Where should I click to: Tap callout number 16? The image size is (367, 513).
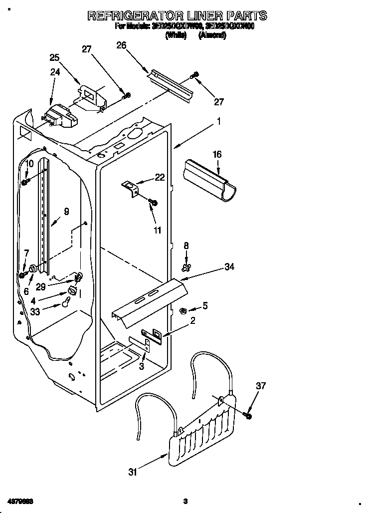216,155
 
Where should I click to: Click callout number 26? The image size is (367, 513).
121,46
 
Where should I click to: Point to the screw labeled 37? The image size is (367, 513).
248,415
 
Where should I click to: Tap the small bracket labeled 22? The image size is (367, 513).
131,187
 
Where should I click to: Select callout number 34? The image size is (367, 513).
229,267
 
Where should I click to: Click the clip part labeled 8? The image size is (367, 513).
186,269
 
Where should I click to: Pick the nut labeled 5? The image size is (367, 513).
183,311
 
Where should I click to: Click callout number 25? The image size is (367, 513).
55,57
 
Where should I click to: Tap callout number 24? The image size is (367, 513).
55,72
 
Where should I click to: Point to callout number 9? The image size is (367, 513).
66,211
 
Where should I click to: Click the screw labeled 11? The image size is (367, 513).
153,202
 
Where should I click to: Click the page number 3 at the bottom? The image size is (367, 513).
184,501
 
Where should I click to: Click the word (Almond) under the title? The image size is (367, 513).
213,35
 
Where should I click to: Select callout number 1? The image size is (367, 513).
218,120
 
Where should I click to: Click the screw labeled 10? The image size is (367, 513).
25,182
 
